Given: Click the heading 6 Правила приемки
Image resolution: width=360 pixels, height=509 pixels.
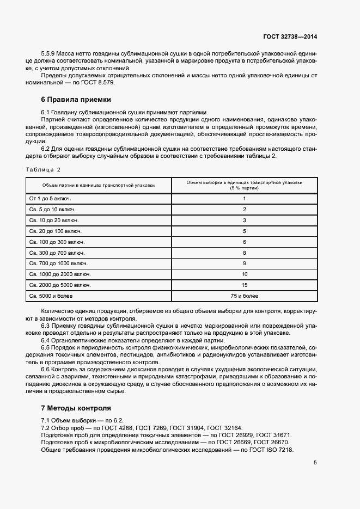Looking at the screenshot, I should point(76,100).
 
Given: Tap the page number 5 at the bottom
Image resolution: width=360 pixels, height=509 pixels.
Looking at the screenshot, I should point(315,463).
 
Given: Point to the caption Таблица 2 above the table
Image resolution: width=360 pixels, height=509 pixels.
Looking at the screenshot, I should point(43,169).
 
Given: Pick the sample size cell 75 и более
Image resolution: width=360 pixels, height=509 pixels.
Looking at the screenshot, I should point(244,296).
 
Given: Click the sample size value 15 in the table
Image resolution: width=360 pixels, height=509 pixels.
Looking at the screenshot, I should point(244,285).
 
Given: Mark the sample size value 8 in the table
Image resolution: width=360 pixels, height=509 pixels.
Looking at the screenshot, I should point(244,253).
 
